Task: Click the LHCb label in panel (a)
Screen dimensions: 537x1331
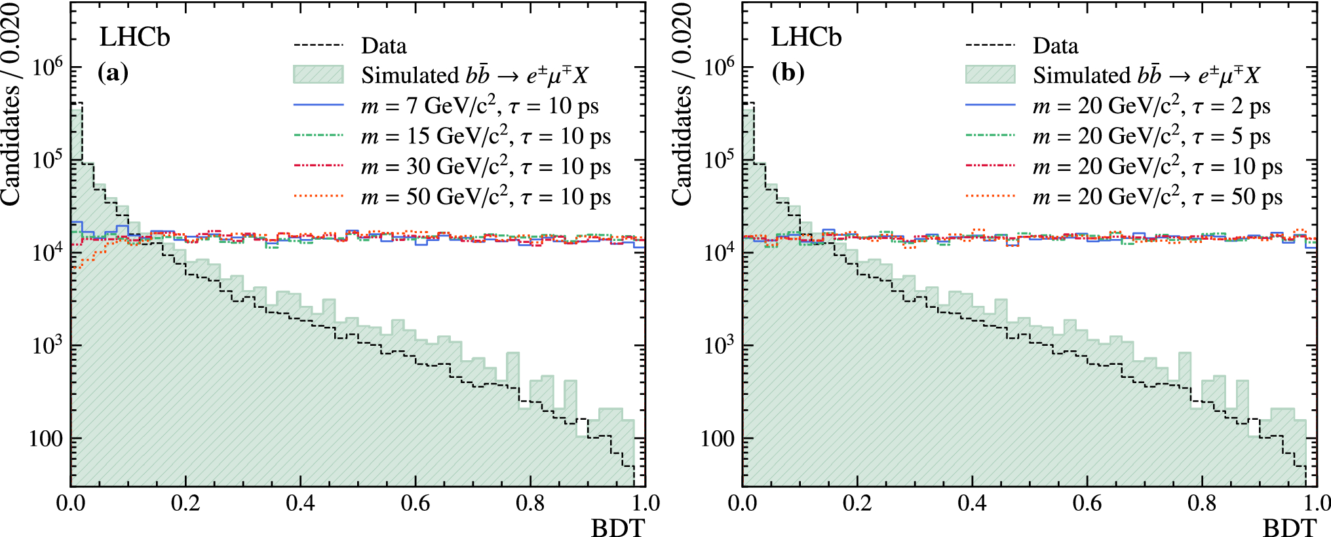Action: pyautogui.click(x=134, y=37)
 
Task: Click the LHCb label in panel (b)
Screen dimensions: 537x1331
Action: pyautogui.click(x=805, y=37)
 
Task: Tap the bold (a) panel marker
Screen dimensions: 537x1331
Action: pyautogui.click(x=113, y=72)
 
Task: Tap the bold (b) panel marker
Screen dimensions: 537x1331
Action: pyautogui.click(x=787, y=72)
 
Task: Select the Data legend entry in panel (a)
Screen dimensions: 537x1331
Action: pyautogui.click(x=383, y=46)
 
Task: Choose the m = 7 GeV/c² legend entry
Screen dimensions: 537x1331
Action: pyautogui.click(x=479, y=106)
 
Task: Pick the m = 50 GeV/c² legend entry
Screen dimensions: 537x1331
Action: pyautogui.click(x=485, y=196)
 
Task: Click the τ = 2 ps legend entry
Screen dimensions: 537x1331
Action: pyautogui.click(x=1151, y=106)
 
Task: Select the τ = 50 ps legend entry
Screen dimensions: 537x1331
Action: pyautogui.click(x=1157, y=196)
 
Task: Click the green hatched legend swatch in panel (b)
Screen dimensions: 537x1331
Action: pyautogui.click(x=990, y=75)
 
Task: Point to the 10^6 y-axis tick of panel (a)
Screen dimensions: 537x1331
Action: pyautogui.click(x=48, y=67)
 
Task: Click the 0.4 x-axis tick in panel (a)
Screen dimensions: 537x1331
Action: pyautogui.click(x=300, y=503)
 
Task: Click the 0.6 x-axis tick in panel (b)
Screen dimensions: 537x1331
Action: pyautogui.click(x=1087, y=503)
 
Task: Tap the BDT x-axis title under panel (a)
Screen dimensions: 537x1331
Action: pyautogui.click(x=617, y=527)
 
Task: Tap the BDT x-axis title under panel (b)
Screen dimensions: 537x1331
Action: pyautogui.click(x=1289, y=527)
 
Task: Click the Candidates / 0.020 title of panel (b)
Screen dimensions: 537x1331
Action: pyautogui.click(x=682, y=105)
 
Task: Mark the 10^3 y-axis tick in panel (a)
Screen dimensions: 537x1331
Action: pyautogui.click(x=48, y=345)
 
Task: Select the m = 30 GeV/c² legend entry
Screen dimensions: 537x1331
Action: pyautogui.click(x=485, y=166)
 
